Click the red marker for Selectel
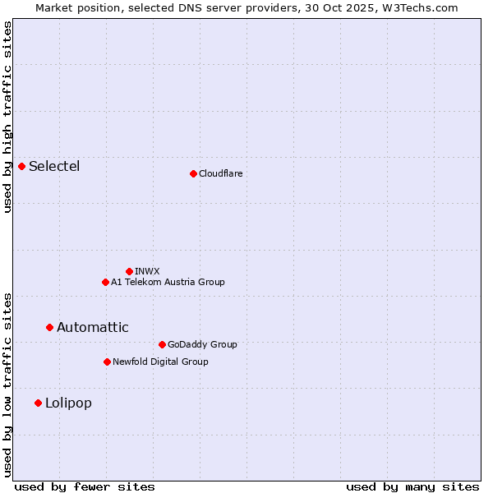coord(22,167)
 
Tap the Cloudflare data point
coord(193,173)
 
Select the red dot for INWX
coord(129,271)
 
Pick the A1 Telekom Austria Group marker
coord(105,282)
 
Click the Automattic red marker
coord(50,327)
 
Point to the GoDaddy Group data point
coord(162,344)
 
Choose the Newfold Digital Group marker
coord(107,362)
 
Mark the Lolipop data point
coord(39,403)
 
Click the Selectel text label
coord(54,167)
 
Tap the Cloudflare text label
coord(220,173)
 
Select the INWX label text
coord(147,271)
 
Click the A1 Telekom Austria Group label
coord(168,282)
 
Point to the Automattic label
coord(93,327)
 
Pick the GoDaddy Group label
coord(202,344)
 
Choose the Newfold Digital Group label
coord(160,362)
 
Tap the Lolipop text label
coord(68,403)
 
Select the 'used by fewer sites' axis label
coord(85,486)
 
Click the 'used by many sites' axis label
coord(412,486)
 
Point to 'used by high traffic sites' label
coord(7,117)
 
